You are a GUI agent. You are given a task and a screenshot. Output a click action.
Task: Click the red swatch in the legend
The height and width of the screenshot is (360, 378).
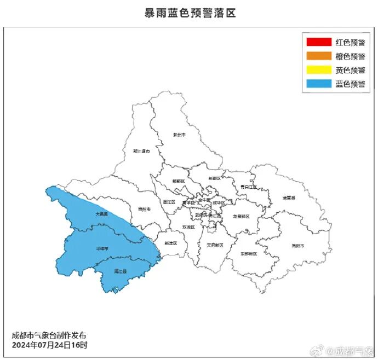point(319,42)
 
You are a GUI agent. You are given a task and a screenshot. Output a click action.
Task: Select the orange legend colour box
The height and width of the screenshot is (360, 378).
point(319,56)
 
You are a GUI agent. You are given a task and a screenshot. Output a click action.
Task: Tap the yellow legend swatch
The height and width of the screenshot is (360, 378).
point(319,70)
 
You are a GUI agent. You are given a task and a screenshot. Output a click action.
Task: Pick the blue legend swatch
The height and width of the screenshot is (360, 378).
point(319,84)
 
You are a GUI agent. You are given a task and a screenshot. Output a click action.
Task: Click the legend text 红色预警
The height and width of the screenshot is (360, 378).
point(350,42)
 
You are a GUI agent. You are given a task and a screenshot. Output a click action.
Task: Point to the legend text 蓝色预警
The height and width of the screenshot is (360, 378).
point(350,84)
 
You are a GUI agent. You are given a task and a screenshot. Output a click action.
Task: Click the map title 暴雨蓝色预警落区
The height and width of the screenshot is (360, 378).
point(189,13)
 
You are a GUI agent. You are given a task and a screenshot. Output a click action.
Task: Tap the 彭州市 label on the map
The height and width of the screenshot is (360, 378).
point(179,134)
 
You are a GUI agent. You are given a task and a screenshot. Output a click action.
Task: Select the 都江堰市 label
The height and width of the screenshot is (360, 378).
point(141,151)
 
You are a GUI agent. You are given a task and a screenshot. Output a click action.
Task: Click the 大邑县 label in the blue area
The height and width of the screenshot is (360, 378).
point(101,214)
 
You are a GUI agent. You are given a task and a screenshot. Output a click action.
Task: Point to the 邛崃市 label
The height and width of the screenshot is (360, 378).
point(102,249)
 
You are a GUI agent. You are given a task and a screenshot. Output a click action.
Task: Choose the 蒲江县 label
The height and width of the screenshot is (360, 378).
point(121,271)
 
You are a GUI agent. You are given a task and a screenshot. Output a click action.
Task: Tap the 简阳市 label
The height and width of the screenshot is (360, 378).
point(298,245)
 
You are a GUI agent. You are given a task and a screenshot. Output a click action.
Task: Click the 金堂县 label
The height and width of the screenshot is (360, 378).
point(289,197)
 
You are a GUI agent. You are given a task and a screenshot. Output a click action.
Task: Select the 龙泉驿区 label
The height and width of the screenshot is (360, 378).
point(241,216)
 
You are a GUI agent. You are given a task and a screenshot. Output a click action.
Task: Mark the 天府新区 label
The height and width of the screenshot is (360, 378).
point(215,245)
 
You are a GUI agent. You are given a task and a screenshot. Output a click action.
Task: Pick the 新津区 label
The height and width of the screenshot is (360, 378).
point(170,243)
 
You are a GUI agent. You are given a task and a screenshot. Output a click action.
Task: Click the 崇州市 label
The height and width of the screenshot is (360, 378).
point(144,209)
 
